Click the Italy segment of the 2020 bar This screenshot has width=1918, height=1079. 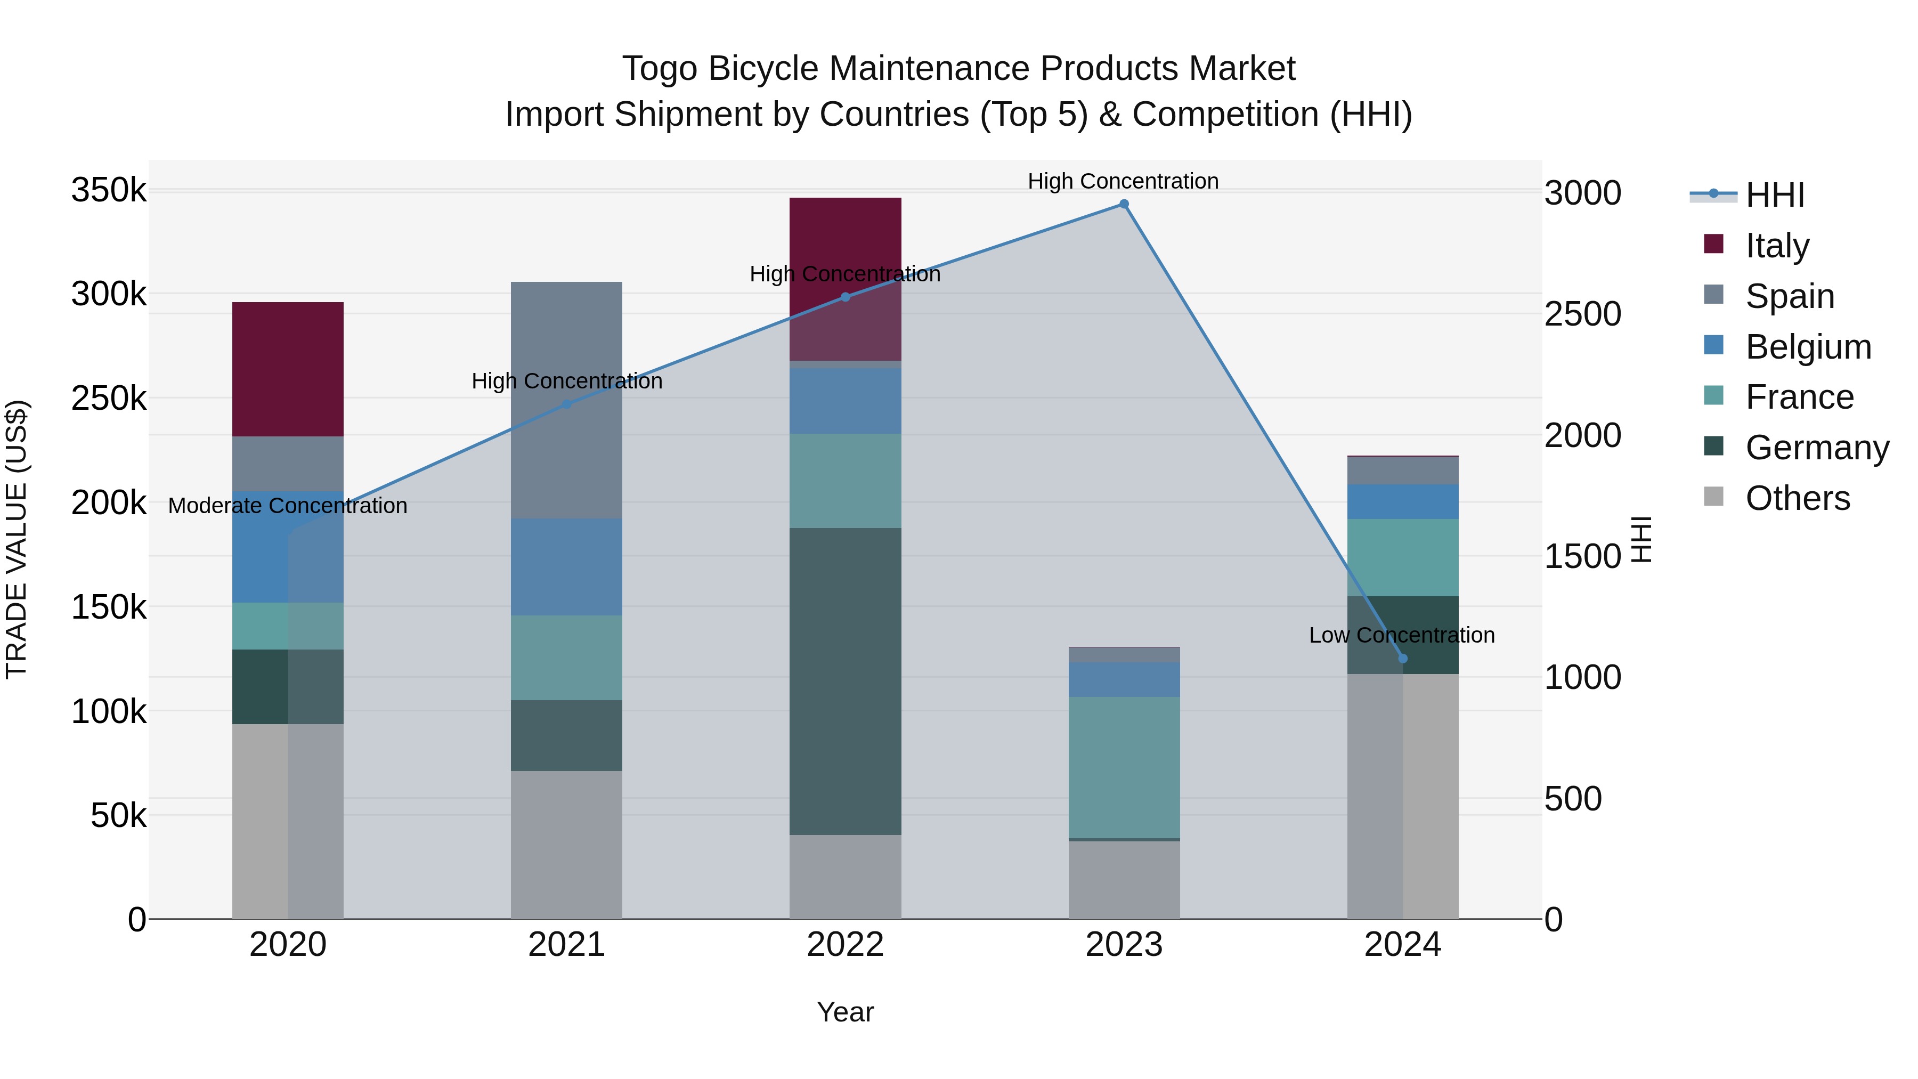tap(287, 369)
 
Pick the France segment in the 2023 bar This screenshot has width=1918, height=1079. tap(1124, 767)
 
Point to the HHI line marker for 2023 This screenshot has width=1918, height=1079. tap(1124, 204)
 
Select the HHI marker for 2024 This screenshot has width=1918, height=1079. tap(1403, 658)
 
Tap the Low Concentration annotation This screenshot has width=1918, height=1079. tap(1401, 635)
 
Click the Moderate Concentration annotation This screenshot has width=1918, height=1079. tap(287, 506)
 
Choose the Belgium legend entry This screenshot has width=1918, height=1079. tap(1808, 347)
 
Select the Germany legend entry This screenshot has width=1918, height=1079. tap(1817, 448)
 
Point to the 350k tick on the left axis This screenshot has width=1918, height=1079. tap(109, 190)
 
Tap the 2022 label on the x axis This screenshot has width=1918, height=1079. tap(845, 945)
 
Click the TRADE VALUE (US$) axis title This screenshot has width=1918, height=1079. tap(17, 539)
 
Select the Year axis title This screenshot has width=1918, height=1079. tap(845, 1012)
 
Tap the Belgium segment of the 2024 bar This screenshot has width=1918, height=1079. tap(1403, 501)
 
